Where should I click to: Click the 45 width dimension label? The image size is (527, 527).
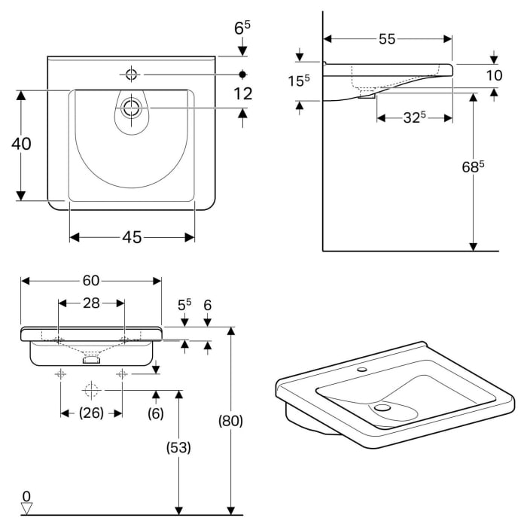tap(132, 237)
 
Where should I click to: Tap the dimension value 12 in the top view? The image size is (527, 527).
tap(242, 93)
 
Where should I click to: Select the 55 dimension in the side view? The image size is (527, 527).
tap(387, 40)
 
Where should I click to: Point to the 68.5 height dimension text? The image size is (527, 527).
tap(471, 167)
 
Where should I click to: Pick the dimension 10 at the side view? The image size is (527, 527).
tap(494, 75)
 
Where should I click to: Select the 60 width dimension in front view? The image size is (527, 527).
tap(90, 281)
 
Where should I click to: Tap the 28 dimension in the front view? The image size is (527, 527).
tap(91, 303)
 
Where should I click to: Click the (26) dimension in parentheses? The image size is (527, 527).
tap(91, 413)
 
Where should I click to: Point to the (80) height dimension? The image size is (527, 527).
tap(230, 422)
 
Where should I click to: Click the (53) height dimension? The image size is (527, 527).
tap(178, 447)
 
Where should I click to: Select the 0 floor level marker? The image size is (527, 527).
tap(27, 496)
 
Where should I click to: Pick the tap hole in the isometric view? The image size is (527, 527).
tap(363, 370)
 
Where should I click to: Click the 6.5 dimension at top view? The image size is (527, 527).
tap(242, 29)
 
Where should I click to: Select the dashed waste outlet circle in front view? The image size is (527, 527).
tap(91, 390)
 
